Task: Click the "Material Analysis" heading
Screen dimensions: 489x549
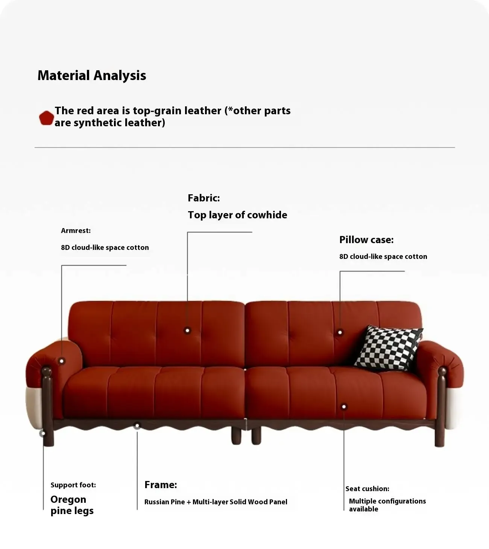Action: point(92,75)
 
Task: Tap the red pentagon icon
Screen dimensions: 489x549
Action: point(46,118)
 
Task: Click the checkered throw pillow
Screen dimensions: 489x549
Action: point(389,348)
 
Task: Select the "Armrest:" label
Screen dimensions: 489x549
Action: point(76,231)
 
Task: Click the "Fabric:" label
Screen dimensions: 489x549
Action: point(203,198)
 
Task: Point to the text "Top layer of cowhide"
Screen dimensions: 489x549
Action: point(237,215)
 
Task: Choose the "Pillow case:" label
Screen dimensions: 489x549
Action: point(366,239)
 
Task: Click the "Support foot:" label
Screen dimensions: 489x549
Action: point(73,485)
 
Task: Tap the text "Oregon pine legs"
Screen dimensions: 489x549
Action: point(72,505)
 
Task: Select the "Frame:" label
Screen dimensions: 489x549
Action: point(161,484)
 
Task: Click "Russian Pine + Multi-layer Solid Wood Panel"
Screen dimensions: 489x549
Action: point(216,502)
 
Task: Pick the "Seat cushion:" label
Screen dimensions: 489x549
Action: point(367,489)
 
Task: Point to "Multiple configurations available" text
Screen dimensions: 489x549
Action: point(387,505)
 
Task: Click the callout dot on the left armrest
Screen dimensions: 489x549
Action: point(62,361)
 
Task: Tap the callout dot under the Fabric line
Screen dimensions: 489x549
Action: point(187,330)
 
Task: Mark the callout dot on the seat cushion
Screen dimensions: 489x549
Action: point(344,407)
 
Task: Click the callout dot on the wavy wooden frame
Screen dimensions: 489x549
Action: point(137,426)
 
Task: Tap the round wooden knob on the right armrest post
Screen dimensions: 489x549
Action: point(442,371)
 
